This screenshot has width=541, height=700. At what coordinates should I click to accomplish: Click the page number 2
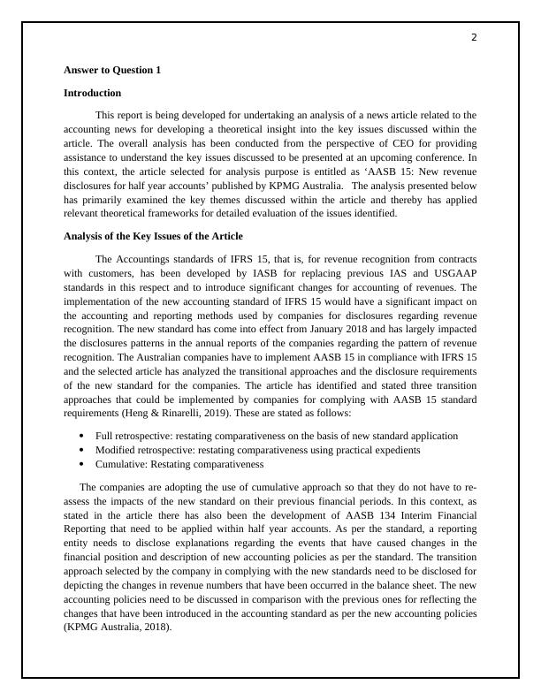pyautogui.click(x=474, y=37)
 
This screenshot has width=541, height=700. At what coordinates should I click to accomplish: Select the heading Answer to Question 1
pyautogui.click(x=112, y=69)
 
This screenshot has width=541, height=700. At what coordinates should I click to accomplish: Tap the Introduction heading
pyautogui.click(x=92, y=92)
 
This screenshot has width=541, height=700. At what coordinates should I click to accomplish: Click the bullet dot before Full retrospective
pyautogui.click(x=82, y=436)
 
